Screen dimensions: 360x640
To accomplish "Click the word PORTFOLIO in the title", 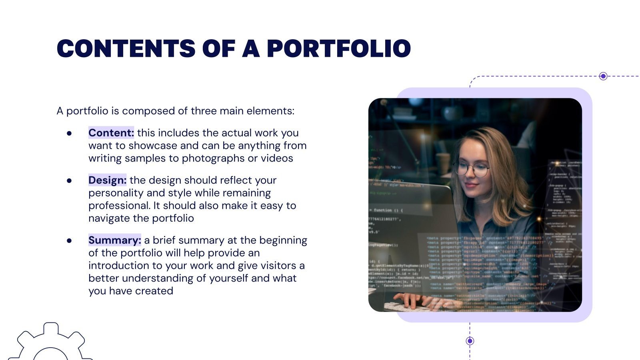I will click(338, 49).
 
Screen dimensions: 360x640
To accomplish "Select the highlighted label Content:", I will click(111, 133).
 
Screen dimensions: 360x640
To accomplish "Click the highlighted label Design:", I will click(107, 180).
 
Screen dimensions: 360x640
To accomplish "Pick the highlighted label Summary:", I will click(114, 240).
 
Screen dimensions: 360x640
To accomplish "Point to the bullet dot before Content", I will click(70, 133).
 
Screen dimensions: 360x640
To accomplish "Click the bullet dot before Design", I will click(70, 180).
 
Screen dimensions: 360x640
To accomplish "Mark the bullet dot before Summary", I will click(70, 240).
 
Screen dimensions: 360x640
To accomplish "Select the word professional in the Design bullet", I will click(119, 206).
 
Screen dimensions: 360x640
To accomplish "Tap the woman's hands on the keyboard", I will click(416, 300).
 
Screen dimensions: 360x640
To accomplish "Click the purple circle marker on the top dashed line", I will click(603, 76).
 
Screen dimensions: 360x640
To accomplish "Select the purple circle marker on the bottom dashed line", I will click(470, 341).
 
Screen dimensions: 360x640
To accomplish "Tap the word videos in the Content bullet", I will click(277, 158).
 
